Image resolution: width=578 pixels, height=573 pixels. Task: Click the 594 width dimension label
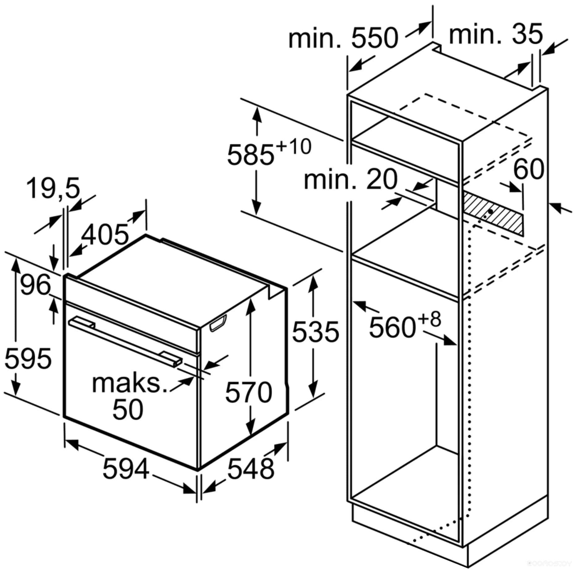[126, 469]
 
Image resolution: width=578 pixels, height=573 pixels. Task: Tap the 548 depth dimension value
[251, 469]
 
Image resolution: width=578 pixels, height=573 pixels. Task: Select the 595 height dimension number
[28, 359]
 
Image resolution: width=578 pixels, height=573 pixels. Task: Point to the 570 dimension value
[249, 392]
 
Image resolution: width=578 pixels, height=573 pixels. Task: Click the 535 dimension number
[316, 332]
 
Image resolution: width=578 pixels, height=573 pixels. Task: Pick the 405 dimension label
[105, 235]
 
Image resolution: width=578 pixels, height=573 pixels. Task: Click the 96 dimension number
[35, 285]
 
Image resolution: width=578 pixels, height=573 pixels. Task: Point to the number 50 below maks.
[128, 409]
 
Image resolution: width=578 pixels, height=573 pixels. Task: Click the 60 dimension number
[529, 169]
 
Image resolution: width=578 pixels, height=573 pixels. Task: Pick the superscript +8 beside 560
[429, 319]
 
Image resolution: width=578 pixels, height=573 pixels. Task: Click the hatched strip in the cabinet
[493, 213]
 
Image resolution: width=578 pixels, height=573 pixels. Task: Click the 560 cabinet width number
[392, 328]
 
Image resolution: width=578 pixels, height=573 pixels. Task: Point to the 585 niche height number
[251, 155]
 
